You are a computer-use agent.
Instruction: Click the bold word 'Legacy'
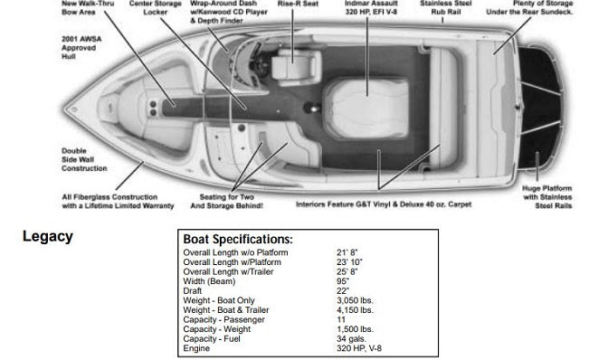point(48,238)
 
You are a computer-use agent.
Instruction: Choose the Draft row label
point(194,289)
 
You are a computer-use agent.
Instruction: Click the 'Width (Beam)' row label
point(208,279)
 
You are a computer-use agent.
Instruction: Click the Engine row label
point(196,347)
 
